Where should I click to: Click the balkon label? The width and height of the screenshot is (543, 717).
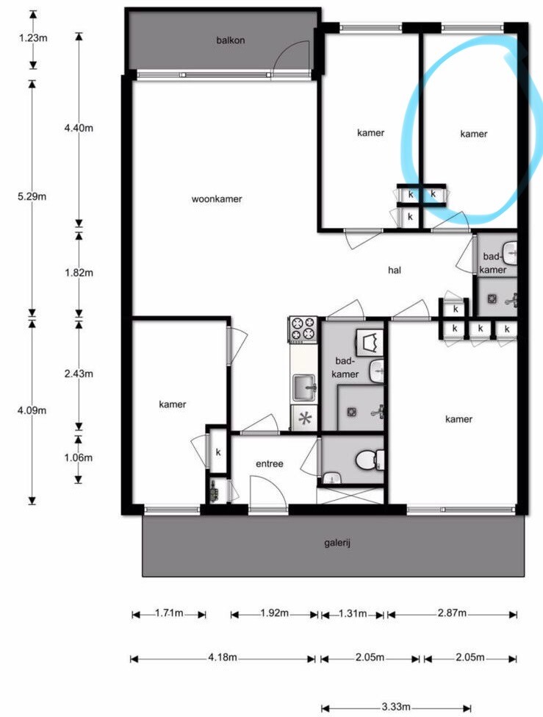pos(231,40)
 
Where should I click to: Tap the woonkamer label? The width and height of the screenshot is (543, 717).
pos(217,199)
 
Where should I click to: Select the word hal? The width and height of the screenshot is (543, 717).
pos(395,270)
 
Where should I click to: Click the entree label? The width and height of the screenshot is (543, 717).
pos(269,464)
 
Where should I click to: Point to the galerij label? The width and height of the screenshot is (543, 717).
pos(337,543)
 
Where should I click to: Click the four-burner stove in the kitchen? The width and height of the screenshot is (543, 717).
pos(303,329)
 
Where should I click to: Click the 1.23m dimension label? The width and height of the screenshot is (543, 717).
pos(33,38)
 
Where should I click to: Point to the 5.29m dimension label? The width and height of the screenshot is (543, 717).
pos(32,196)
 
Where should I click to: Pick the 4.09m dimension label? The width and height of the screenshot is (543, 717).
pos(32,410)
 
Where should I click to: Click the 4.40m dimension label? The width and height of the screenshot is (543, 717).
pos(79,128)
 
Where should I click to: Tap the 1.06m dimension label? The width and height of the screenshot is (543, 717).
pos(78,457)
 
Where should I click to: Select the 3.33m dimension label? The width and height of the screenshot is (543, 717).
pos(396,707)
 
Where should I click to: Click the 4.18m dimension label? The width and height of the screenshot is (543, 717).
pos(223,657)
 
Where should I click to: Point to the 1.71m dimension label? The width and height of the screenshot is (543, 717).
pos(169,613)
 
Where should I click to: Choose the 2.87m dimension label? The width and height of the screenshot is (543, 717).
pos(452,613)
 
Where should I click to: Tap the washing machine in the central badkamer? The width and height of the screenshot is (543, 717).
pos(370,343)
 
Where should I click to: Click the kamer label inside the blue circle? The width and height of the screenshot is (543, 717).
pos(473,134)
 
